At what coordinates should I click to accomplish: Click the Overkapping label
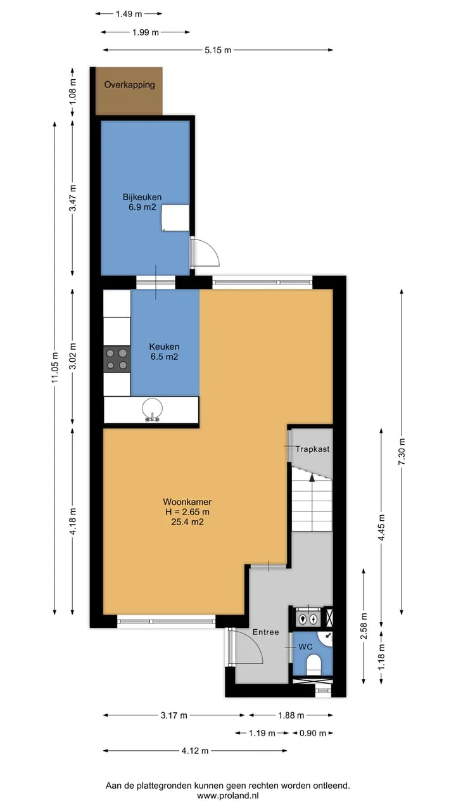tap(130, 85)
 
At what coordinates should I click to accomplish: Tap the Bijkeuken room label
tap(142, 197)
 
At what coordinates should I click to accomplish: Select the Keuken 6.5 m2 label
tap(164, 352)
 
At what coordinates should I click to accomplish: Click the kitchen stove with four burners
tap(117, 359)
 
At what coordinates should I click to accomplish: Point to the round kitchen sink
tap(153, 409)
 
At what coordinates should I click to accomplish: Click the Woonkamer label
tap(187, 502)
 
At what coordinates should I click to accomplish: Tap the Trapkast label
tap(312, 449)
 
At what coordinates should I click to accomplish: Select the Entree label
tap(265, 632)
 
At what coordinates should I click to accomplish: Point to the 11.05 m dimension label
tap(54, 367)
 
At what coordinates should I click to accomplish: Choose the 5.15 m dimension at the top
tap(218, 50)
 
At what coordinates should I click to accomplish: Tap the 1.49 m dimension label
tap(129, 14)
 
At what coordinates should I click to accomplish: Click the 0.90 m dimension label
tap(313, 733)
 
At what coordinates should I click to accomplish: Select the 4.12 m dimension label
tap(195, 751)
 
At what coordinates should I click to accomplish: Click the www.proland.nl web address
tap(227, 796)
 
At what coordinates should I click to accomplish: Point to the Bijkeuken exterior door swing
tap(207, 252)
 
